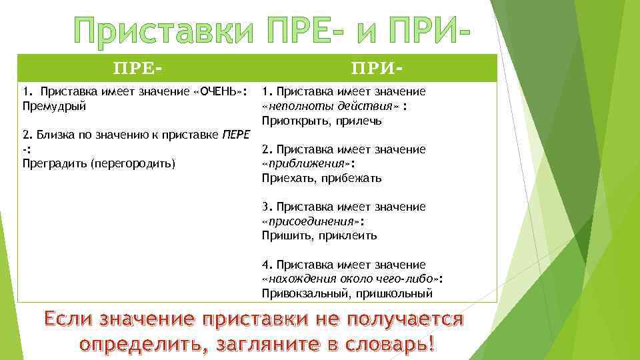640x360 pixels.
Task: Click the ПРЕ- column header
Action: (138, 69)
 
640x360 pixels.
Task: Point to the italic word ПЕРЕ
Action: (235, 135)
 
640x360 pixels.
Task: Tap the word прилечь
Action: (354, 121)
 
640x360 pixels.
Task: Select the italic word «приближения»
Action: (307, 163)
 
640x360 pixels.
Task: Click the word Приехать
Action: (288, 178)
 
